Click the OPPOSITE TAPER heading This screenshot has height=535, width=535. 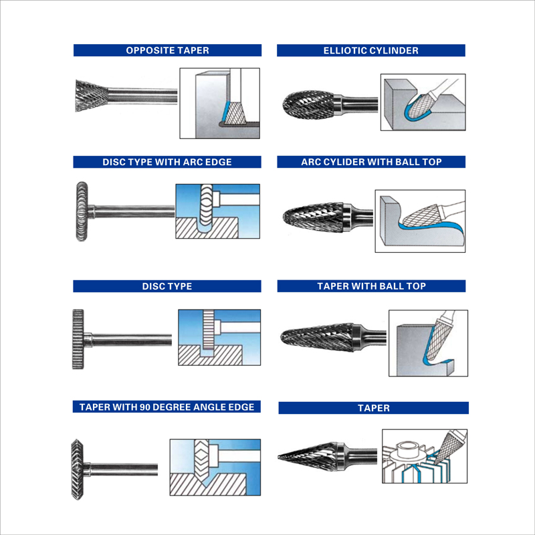(167, 50)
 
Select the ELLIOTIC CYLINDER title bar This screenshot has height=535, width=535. (371, 51)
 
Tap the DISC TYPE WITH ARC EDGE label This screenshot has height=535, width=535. (167, 162)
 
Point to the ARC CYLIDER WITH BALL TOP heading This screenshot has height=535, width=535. (371, 162)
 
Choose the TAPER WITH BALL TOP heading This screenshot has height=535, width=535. (371, 286)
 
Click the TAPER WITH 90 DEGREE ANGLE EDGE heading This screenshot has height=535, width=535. (167, 407)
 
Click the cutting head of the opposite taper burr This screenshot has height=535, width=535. (92, 96)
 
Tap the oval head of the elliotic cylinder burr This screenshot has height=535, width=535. (308, 105)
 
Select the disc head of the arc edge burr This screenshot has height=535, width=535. (82, 211)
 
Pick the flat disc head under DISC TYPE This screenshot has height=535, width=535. (78, 339)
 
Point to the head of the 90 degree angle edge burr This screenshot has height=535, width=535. (78, 469)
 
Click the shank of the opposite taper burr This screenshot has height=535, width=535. (142, 96)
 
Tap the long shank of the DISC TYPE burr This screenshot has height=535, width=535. (132, 340)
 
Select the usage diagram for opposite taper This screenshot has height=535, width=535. (220, 103)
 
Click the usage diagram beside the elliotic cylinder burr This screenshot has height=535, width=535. (423, 102)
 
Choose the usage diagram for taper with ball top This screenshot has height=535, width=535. (428, 343)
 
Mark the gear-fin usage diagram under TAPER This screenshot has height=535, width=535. (425, 456)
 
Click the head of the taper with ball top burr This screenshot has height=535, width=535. (317, 336)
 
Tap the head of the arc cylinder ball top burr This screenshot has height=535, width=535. (313, 217)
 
